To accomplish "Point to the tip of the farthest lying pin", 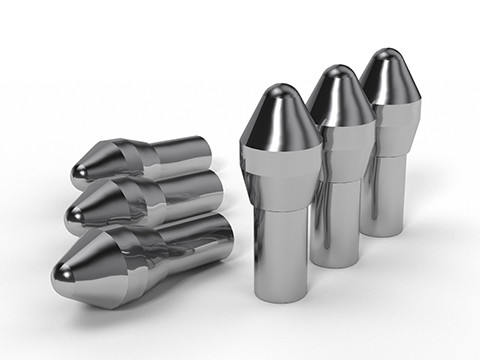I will (x=80, y=175).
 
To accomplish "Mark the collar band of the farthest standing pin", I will (x=390, y=115).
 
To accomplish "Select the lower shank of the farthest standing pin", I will (x=385, y=190).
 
